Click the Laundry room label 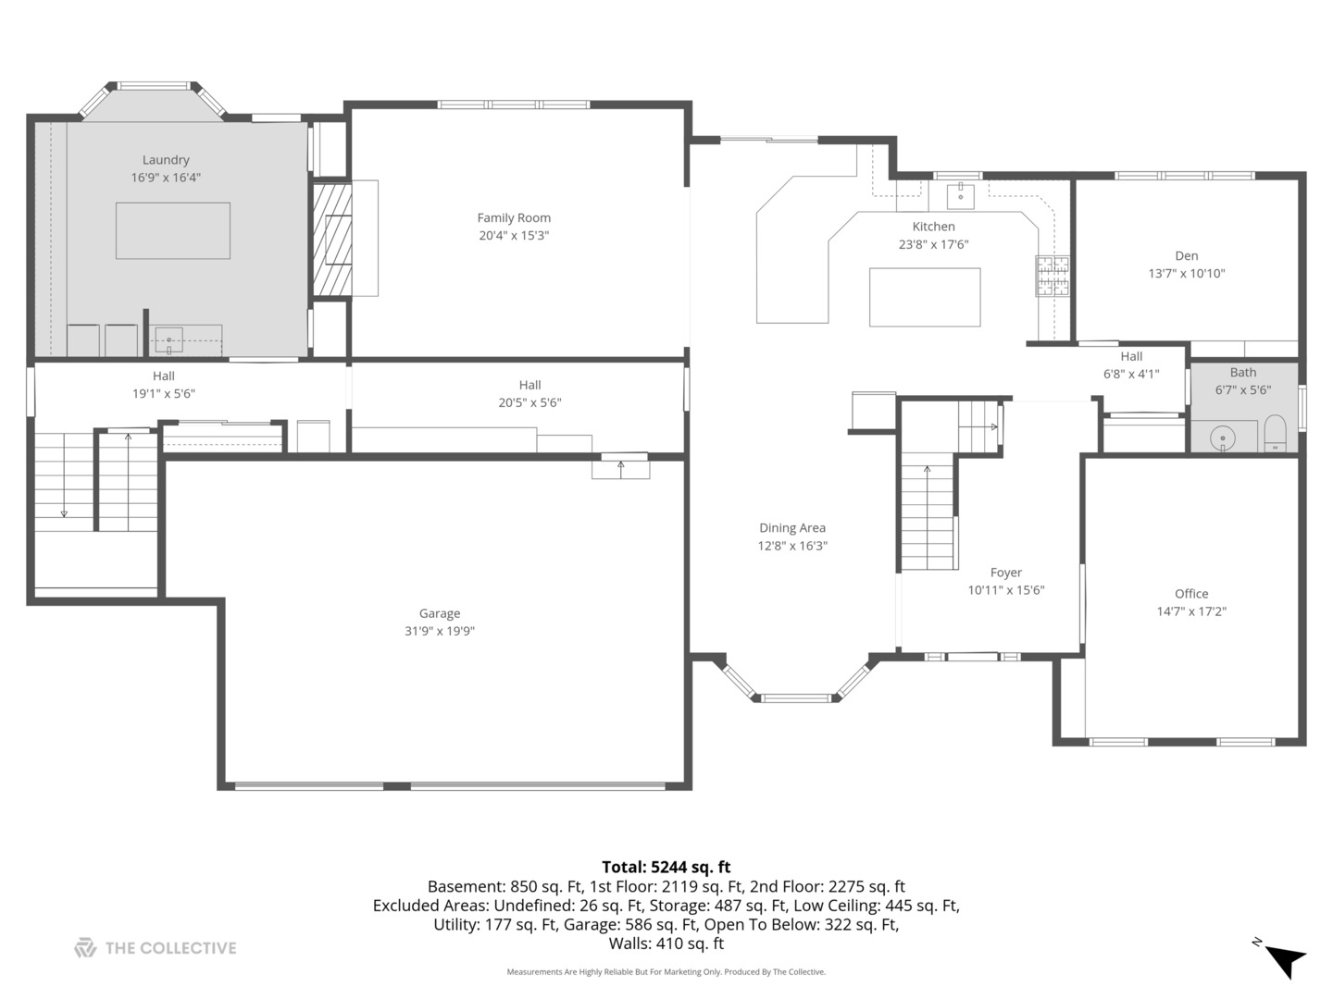(x=166, y=160)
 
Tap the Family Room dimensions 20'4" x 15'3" (x=514, y=236)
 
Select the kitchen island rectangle (x=924, y=297)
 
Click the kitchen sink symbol (x=961, y=196)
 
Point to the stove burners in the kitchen (x=1053, y=276)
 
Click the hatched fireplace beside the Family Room (x=331, y=239)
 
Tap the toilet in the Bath (x=1275, y=434)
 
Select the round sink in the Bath (x=1224, y=438)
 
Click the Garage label (x=439, y=613)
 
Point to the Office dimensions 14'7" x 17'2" (x=1191, y=611)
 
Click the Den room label (x=1186, y=256)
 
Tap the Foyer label (x=1005, y=573)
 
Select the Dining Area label (x=791, y=528)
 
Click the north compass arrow (x=1285, y=958)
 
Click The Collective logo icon (x=85, y=947)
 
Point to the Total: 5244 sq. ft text (x=666, y=867)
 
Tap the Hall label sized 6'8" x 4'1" (x=1130, y=357)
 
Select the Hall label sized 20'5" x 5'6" (x=529, y=386)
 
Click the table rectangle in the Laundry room (x=172, y=230)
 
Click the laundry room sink (x=169, y=340)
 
